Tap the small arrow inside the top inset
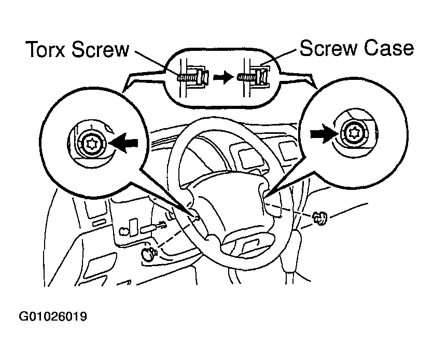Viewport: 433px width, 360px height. pos(221,77)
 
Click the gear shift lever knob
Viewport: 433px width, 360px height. pos(294,243)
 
